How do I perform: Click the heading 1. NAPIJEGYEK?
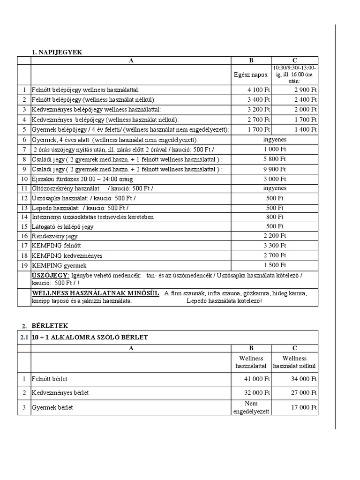coord(57,52)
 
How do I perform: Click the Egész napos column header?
coord(251,75)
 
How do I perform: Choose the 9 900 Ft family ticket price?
coord(275,169)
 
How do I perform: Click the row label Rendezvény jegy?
coord(55,236)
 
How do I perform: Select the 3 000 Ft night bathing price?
coord(275,179)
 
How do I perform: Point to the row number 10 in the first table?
coord(24,179)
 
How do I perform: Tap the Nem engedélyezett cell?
coord(251,407)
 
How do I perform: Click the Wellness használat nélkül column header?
coord(295,362)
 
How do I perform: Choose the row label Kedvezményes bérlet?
coord(60,393)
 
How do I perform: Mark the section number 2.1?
coord(24,337)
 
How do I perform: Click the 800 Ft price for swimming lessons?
coord(275,217)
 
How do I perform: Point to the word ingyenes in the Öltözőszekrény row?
coord(275,188)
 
